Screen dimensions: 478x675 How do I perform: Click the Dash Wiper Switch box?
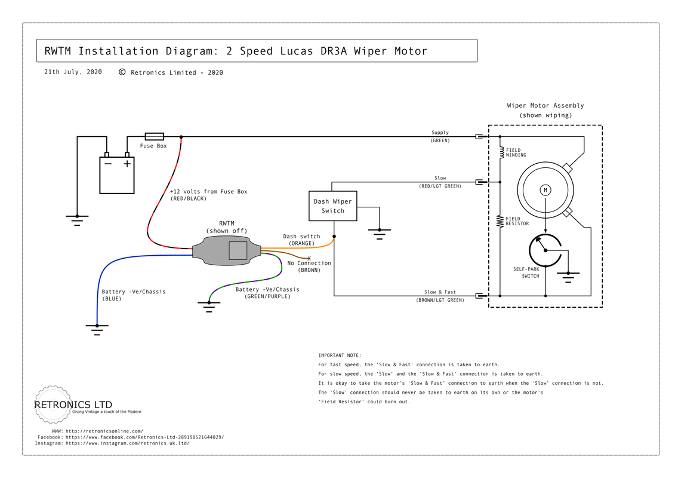click(x=333, y=206)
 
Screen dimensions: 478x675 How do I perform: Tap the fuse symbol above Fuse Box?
click(x=155, y=137)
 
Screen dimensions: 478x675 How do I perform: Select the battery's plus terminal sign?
click(x=127, y=163)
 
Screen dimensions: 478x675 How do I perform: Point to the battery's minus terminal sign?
click(x=107, y=163)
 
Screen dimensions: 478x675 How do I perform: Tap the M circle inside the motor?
click(x=545, y=190)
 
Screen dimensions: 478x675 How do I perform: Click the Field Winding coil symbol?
click(x=501, y=152)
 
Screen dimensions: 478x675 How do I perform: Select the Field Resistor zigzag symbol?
click(x=501, y=221)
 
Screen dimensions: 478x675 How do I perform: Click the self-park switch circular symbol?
click(x=545, y=252)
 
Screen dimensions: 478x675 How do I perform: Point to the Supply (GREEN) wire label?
click(x=440, y=136)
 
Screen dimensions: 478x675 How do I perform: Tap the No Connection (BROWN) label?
click(x=309, y=266)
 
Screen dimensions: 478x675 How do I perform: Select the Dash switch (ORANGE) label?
click(x=301, y=240)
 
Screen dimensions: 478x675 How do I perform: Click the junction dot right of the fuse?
click(x=181, y=137)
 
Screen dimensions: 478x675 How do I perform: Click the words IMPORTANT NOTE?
click(x=340, y=355)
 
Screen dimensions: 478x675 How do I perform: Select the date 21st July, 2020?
click(x=73, y=72)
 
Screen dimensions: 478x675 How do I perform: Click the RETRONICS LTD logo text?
click(x=73, y=405)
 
